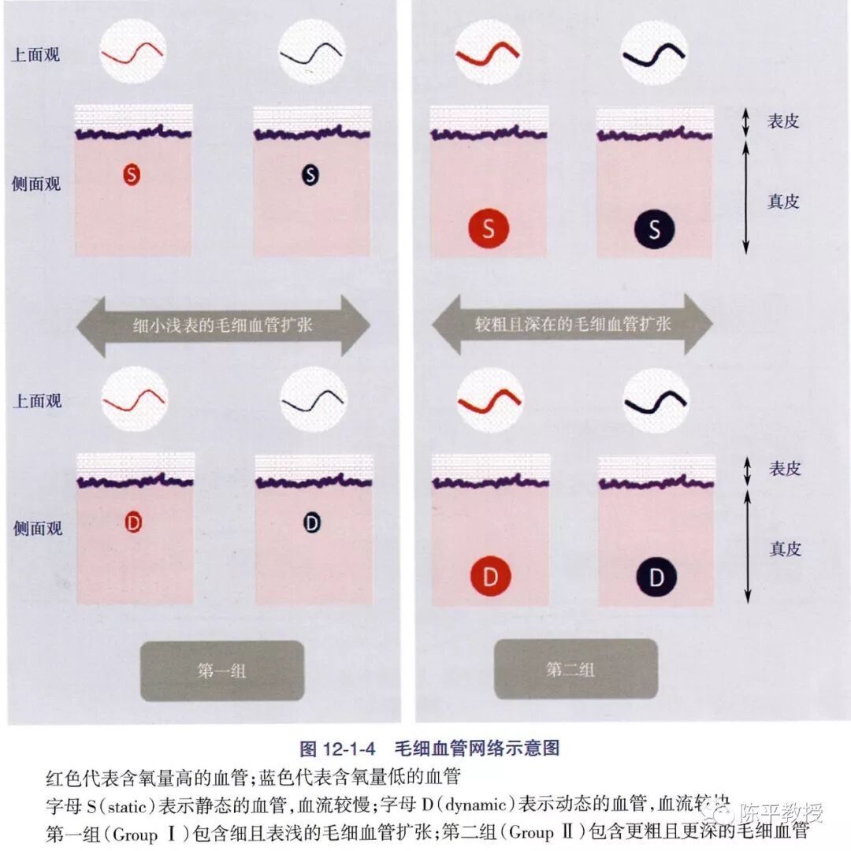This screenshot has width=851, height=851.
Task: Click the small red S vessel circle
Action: point(132,174)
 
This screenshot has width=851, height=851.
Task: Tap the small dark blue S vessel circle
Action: point(310,175)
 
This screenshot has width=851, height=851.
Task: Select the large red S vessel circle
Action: point(489,229)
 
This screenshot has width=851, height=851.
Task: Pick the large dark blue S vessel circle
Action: point(654,229)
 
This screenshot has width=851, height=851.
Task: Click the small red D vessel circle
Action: point(133,522)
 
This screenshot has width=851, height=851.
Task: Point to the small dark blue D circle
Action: point(313,522)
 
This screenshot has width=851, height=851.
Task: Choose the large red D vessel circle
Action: point(491,578)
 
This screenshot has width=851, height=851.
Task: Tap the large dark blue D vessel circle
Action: point(656,578)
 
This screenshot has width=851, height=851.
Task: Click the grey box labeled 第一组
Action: point(221,671)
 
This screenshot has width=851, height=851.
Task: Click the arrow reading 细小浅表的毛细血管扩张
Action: point(221,325)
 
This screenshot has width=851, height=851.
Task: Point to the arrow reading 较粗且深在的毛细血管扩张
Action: point(573,323)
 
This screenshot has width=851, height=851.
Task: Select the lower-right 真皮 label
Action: point(784,548)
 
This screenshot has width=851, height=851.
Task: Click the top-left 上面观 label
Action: point(35,55)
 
